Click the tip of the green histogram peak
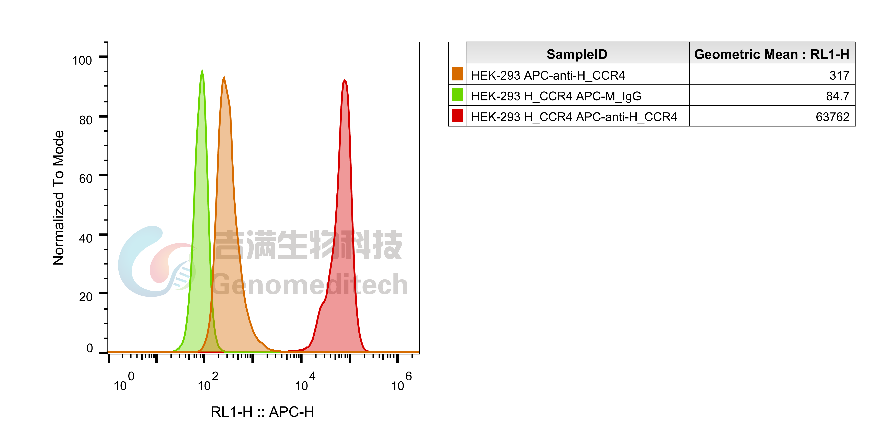point(202,69)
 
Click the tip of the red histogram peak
point(345,80)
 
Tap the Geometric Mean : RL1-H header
point(771,54)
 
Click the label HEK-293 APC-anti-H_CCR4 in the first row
point(548,76)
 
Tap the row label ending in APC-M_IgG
point(556,96)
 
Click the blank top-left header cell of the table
point(457,53)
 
